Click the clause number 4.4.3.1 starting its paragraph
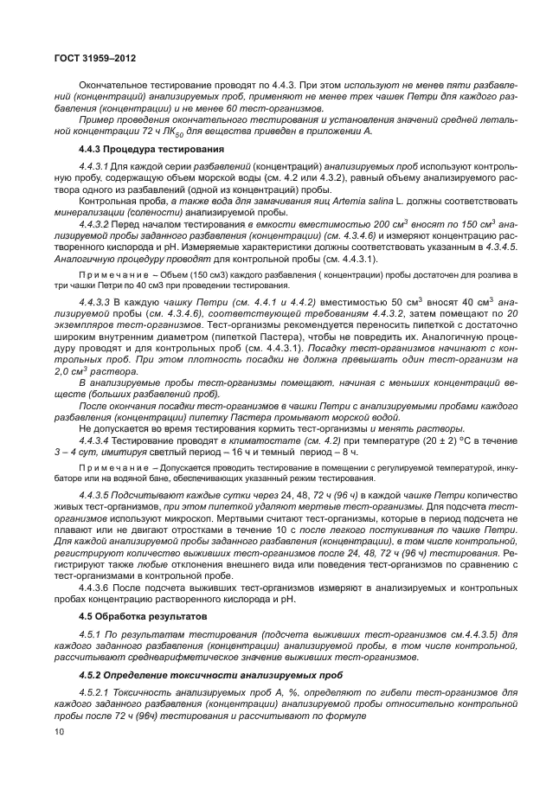click(96, 165)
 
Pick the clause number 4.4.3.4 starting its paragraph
click(96, 441)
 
